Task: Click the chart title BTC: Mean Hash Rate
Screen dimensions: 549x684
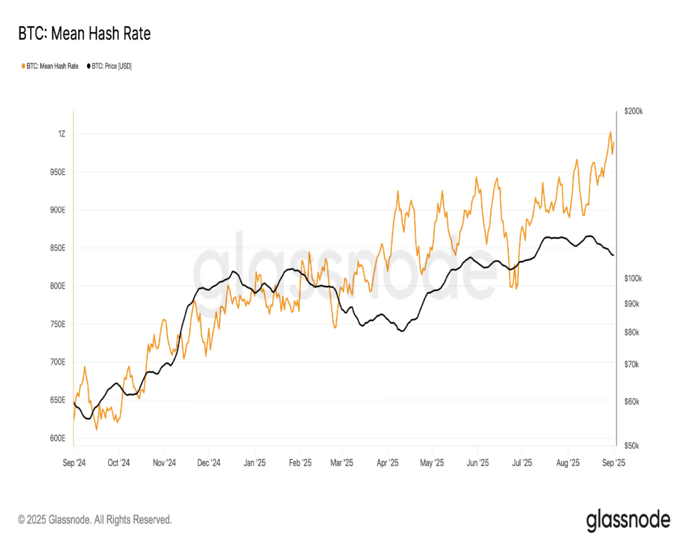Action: [84, 34]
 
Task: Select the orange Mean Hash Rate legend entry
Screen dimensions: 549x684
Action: [51, 65]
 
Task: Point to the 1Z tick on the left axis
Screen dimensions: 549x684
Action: [61, 134]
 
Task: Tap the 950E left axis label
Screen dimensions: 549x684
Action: [57, 172]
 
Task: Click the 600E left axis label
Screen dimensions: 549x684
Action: [57, 439]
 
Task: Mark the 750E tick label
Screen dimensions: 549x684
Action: [57, 325]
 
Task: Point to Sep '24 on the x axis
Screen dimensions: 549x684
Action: [73, 462]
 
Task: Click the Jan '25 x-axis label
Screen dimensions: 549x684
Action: [254, 462]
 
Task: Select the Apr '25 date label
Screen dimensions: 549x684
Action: [388, 462]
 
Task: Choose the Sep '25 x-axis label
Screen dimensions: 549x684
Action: [613, 462]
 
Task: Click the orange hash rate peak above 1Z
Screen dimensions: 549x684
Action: [610, 132]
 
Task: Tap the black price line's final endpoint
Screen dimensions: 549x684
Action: [613, 254]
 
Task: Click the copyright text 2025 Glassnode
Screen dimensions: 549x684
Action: [95, 519]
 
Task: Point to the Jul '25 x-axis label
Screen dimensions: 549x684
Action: [522, 462]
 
